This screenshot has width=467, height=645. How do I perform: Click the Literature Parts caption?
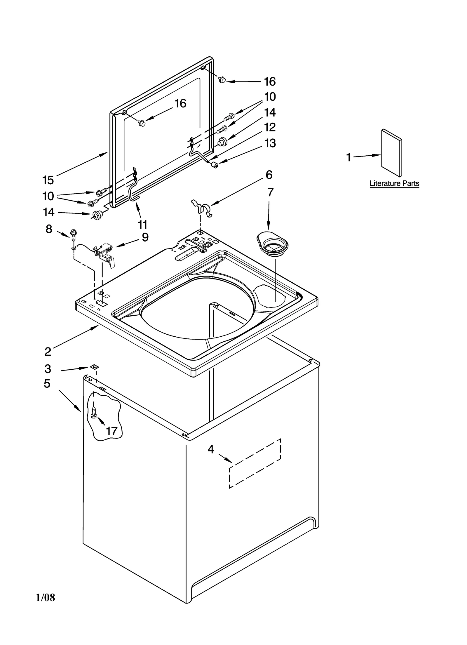[x=394, y=184]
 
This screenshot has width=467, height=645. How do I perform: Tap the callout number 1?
[x=348, y=157]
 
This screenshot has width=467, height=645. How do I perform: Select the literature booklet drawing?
[x=392, y=153]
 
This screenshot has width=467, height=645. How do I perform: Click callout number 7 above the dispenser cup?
[x=270, y=192]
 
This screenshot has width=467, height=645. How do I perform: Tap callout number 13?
[x=270, y=143]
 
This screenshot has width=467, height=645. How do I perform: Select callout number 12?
[x=270, y=127]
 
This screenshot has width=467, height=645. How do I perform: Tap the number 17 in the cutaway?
[x=111, y=431]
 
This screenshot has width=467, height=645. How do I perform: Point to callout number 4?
[x=211, y=449]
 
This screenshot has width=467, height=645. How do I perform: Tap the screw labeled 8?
[x=73, y=234]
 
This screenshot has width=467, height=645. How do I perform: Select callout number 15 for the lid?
[x=48, y=180]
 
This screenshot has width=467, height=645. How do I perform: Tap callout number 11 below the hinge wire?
[x=143, y=225]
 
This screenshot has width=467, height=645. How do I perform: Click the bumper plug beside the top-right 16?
[x=222, y=79]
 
